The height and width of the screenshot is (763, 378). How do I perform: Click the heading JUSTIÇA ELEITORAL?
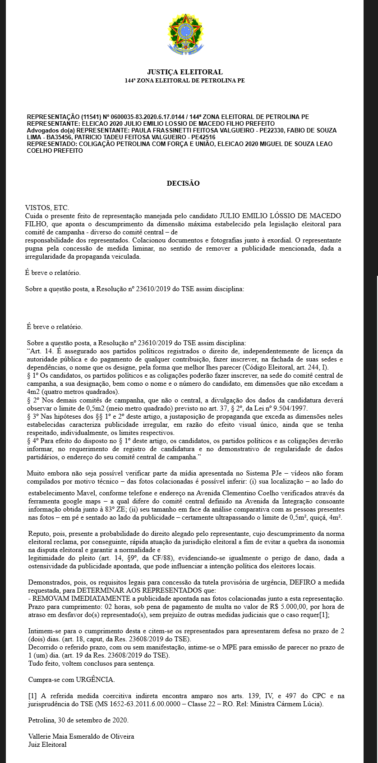(x=184, y=72)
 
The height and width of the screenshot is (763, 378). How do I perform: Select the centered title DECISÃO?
(x=183, y=183)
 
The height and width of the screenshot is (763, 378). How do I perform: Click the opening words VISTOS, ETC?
(x=47, y=208)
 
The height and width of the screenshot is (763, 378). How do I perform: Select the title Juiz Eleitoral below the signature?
(x=47, y=745)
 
